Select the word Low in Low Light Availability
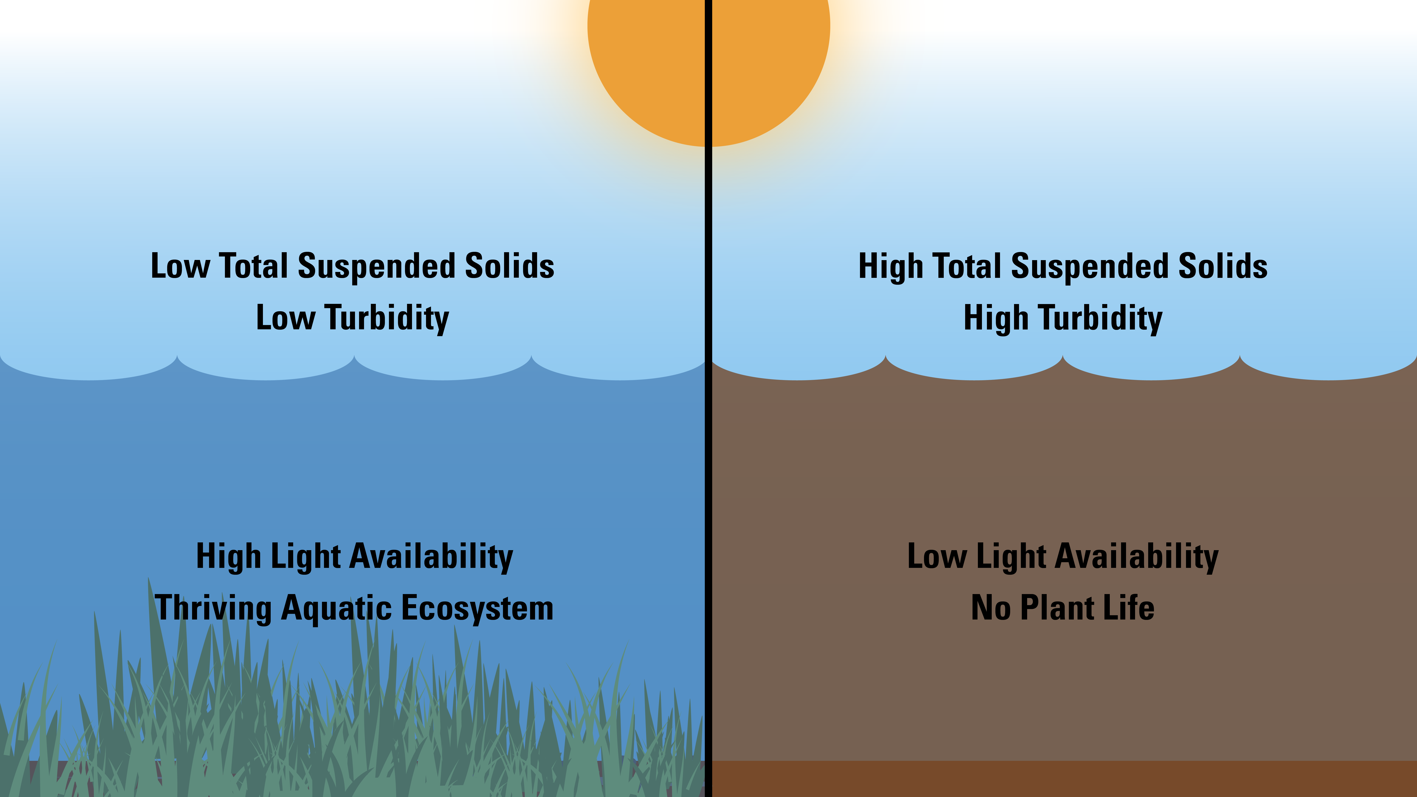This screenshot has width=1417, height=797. point(936,557)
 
